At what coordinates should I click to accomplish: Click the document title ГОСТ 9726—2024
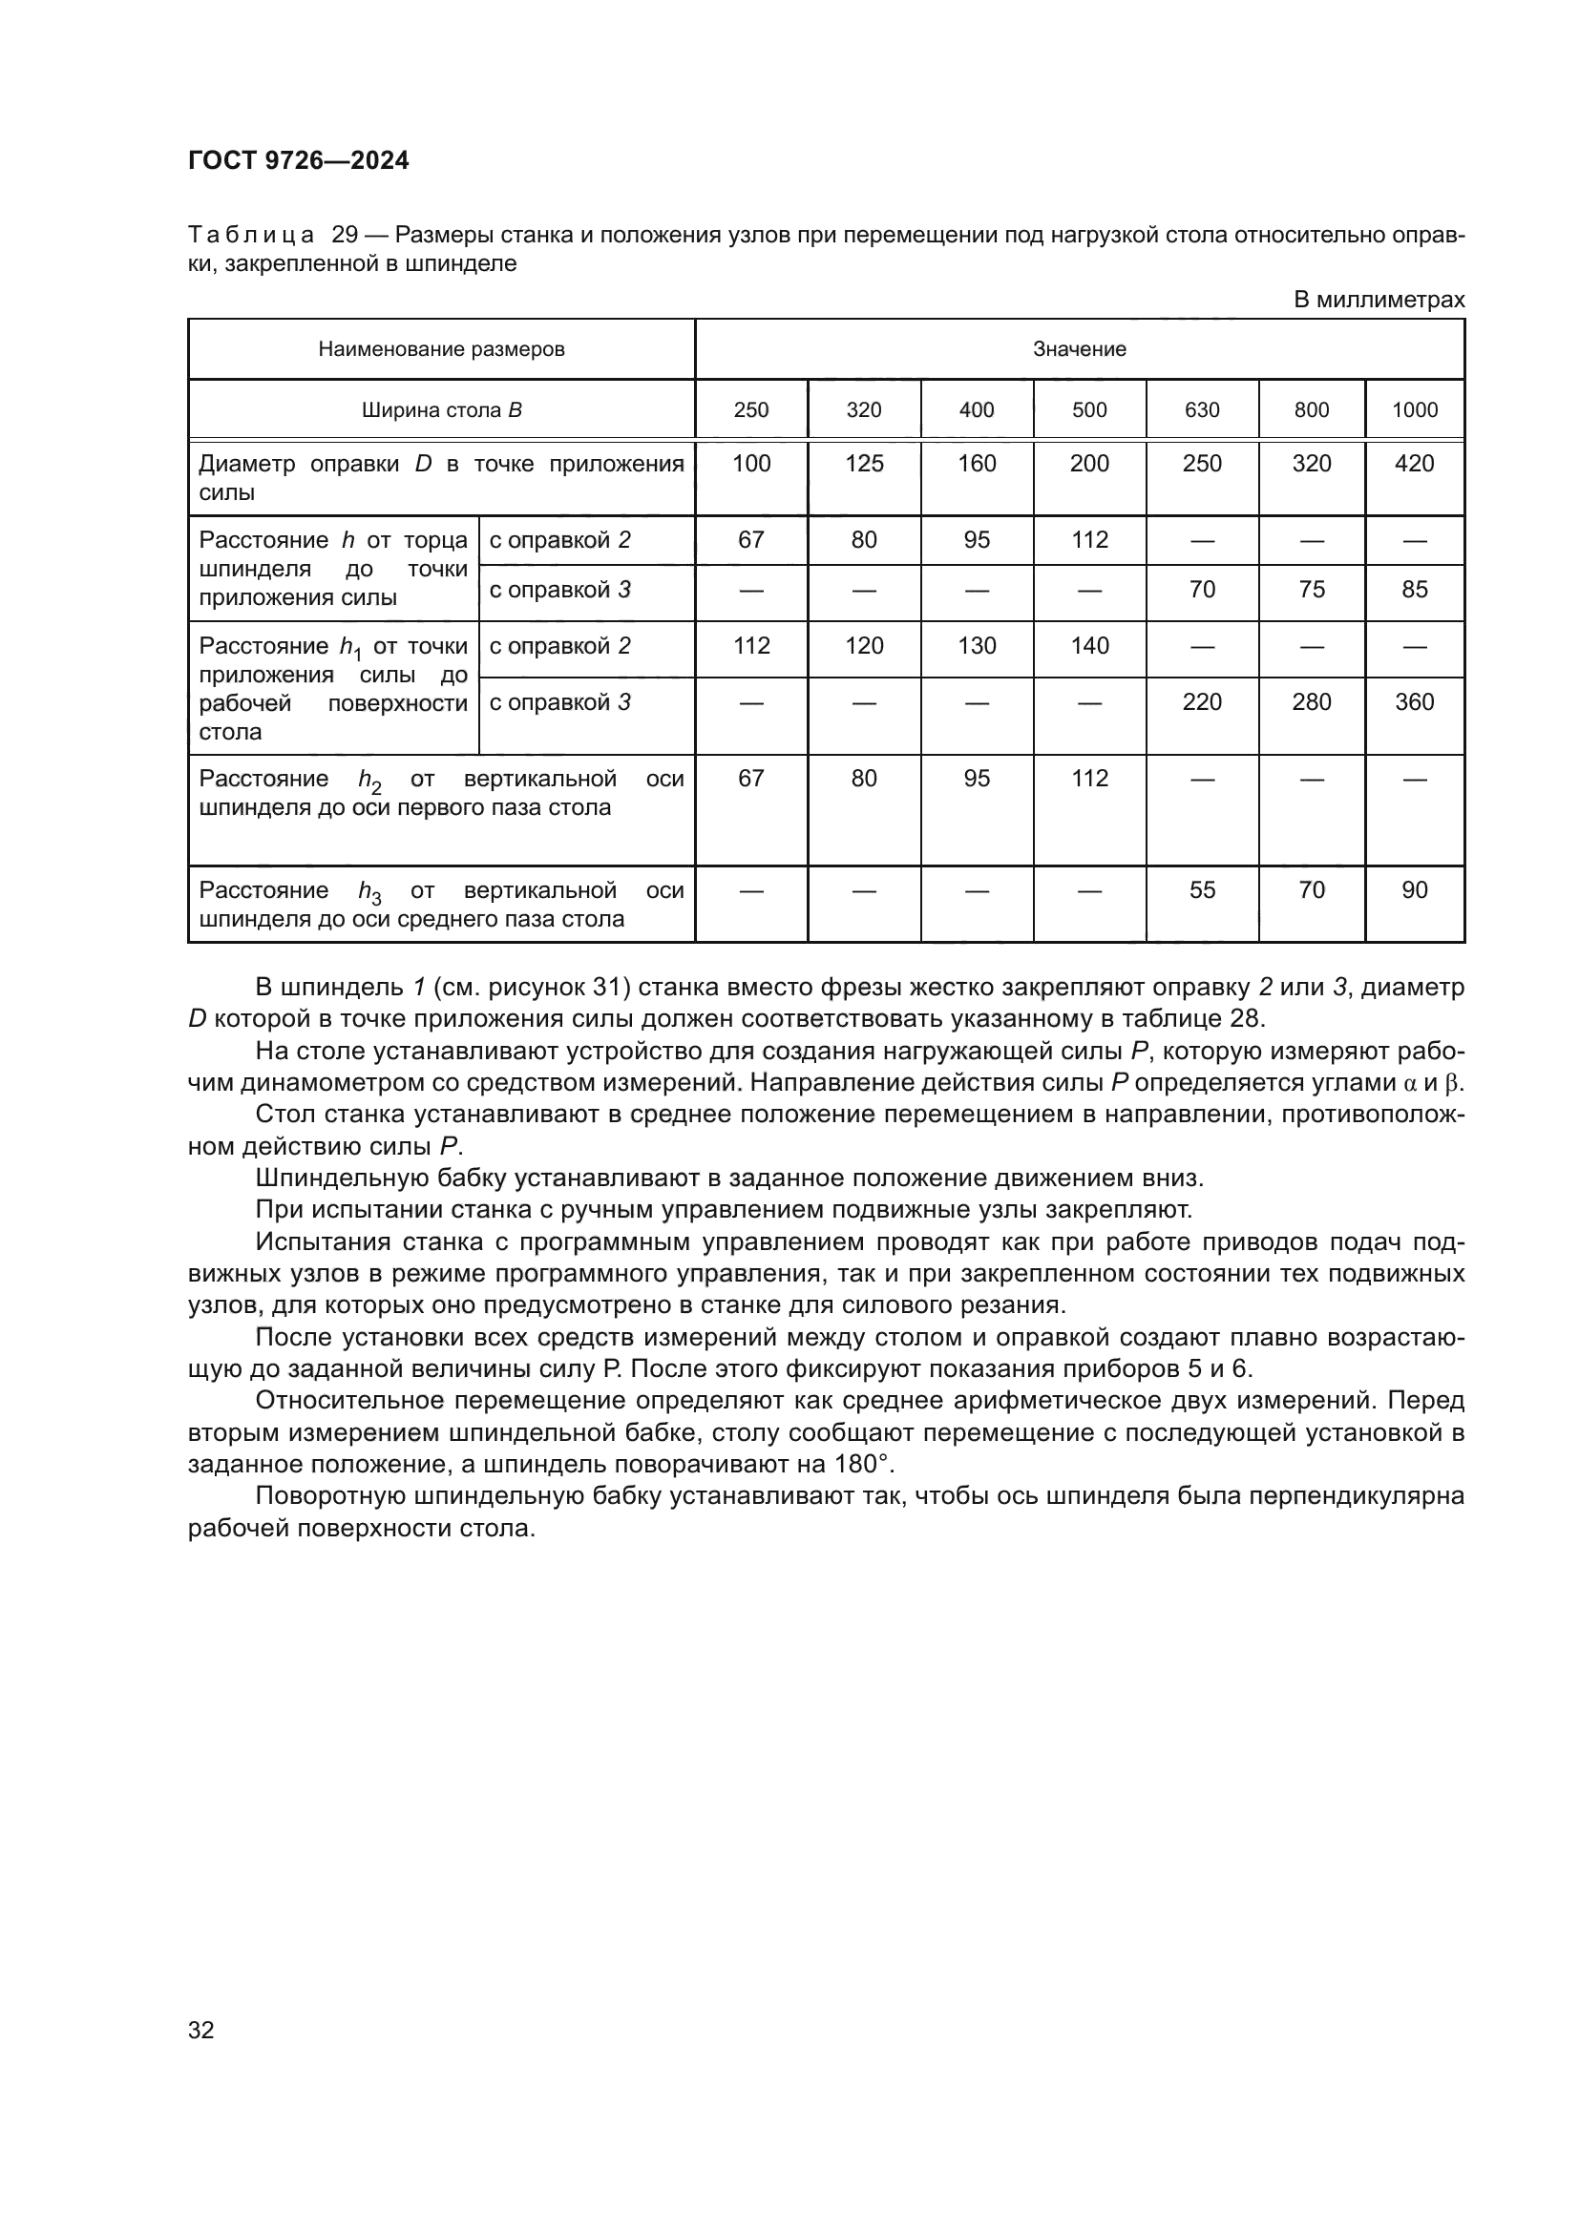click(299, 161)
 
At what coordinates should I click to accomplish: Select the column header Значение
click(1080, 349)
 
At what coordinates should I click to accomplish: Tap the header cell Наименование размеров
click(441, 349)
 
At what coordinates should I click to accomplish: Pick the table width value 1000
click(1414, 410)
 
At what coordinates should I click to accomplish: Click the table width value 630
click(1202, 410)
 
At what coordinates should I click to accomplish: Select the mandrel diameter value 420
click(1414, 464)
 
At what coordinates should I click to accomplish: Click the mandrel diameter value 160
click(977, 464)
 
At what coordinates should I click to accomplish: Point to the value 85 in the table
click(1414, 589)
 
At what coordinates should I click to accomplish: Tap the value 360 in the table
click(1414, 702)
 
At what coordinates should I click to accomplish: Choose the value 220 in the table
click(1202, 702)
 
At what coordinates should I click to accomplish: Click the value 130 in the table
click(977, 645)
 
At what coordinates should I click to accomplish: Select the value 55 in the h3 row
click(1202, 889)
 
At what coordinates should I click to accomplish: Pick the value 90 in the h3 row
click(1414, 889)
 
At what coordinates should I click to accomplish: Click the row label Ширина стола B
click(441, 410)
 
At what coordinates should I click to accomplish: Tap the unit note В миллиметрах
click(1378, 301)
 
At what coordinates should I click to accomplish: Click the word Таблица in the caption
click(251, 236)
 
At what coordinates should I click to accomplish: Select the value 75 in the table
click(1311, 589)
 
